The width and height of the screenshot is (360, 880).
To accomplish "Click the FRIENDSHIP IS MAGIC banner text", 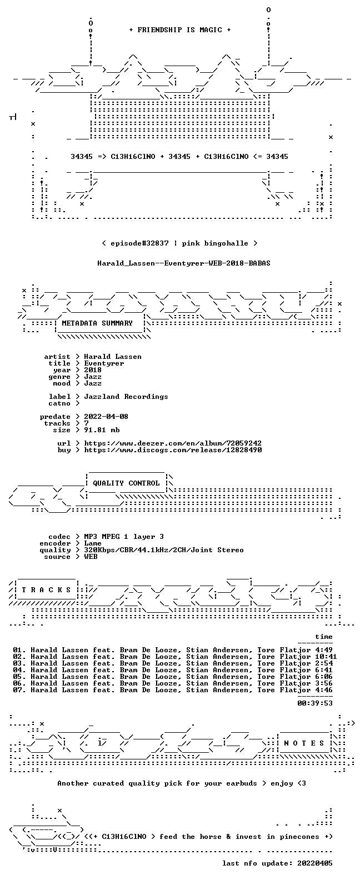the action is tap(180, 30).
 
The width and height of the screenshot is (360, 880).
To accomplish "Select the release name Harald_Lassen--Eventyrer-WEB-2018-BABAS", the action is tap(184, 263).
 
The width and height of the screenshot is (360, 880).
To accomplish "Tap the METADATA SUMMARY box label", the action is tap(97, 323).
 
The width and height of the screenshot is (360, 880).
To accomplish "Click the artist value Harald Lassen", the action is tap(113, 357).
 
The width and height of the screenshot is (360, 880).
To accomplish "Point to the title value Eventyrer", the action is tap(104, 363).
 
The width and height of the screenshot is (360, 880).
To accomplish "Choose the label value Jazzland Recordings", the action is tap(126, 397).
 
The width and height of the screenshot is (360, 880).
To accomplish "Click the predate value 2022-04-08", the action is tap(106, 417).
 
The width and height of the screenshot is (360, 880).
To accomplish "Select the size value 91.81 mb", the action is tap(102, 430).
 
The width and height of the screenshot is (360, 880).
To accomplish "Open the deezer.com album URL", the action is tap(173, 443).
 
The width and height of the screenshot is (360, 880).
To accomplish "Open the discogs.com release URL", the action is tap(173, 450).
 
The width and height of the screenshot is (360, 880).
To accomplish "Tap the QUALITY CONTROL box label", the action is tap(126, 483).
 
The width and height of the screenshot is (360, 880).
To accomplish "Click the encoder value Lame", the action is tap(93, 543).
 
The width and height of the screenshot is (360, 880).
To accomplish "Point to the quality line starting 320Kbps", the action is tap(164, 550).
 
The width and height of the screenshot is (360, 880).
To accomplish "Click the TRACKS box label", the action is tap(46, 589).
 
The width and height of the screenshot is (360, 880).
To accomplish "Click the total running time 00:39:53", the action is tap(315, 703).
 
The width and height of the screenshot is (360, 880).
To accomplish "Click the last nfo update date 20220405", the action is tap(315, 863).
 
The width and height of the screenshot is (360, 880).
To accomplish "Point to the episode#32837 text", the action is tap(139, 243).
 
